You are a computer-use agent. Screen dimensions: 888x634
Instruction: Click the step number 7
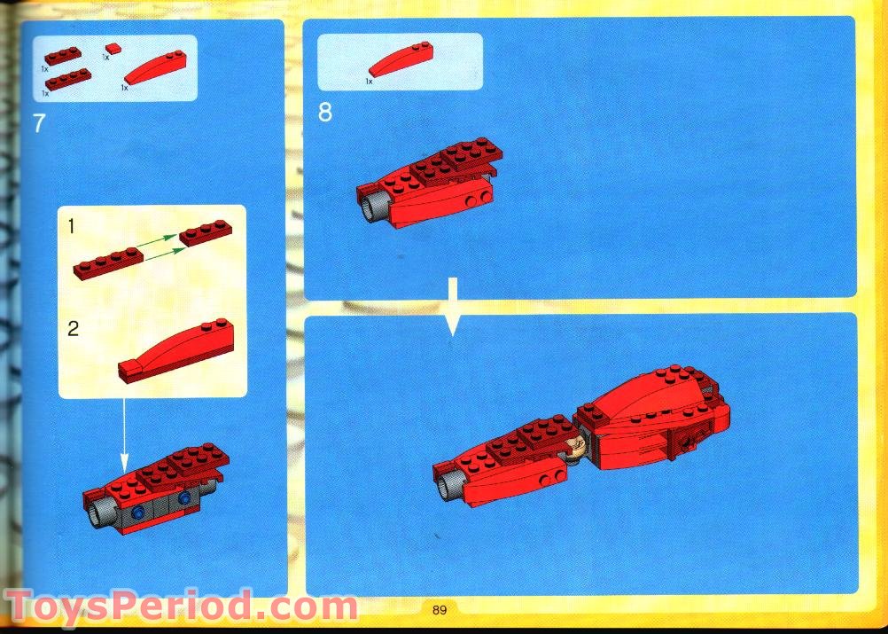click(38, 123)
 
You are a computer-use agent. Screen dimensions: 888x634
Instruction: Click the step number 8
click(325, 113)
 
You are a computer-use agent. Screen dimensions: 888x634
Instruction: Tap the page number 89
click(440, 610)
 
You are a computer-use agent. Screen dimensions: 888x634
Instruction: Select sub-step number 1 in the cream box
click(71, 226)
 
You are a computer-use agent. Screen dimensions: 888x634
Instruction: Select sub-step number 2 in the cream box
click(73, 329)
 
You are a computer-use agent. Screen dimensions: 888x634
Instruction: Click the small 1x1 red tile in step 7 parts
click(113, 49)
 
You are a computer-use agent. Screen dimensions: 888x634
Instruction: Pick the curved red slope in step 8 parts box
click(401, 59)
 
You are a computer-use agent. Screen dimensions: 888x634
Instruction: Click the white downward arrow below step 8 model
click(452, 306)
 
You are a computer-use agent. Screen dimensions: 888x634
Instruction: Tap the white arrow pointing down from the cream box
click(124, 435)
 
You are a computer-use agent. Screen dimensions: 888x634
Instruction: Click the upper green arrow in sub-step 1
click(158, 241)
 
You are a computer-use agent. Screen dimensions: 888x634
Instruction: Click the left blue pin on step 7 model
click(137, 513)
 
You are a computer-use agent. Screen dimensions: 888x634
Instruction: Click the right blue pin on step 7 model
click(184, 498)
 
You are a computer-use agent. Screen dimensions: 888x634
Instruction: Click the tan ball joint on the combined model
click(578, 444)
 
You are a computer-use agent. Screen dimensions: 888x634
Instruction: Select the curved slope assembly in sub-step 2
click(176, 351)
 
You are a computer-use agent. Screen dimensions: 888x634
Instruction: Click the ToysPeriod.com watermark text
click(181, 607)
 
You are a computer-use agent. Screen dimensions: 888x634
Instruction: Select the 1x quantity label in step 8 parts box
click(370, 82)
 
